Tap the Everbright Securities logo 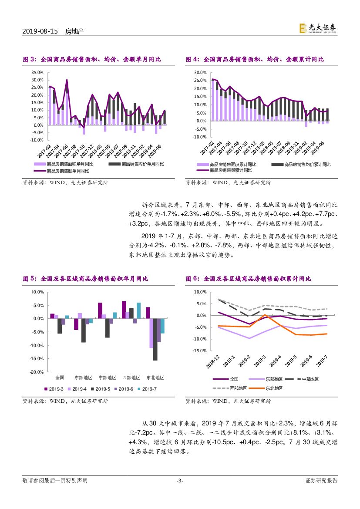coord(318,28)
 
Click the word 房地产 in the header coord(74,31)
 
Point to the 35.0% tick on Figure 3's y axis coord(37,72)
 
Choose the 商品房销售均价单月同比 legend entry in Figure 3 coord(143,164)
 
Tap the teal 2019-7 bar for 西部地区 coord(138,310)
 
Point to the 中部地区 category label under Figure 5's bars coord(107,378)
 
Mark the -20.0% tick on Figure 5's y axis coord(37,372)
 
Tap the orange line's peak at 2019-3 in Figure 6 coord(265,315)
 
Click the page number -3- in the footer coord(180,481)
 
